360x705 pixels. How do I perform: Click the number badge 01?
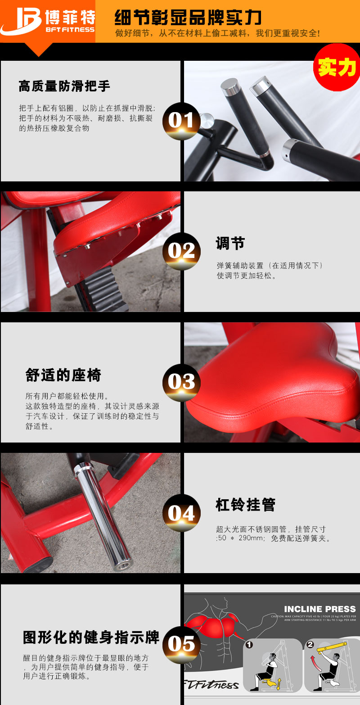coord(181,121)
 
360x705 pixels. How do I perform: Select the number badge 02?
coord(181,251)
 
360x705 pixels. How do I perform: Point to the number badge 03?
coord(181,382)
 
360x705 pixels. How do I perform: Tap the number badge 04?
coord(181,513)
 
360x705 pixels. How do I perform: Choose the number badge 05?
coord(181,644)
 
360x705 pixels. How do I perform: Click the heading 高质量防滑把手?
coord(64,86)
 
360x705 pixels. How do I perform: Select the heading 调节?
coord(230,244)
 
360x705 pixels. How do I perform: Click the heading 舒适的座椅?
coord(63,375)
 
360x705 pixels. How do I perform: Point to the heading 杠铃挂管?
coord(245,505)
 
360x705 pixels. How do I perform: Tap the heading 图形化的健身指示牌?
coord(91,637)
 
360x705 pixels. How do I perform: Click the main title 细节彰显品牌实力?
coord(188,18)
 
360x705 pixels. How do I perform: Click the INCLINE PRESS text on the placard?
coord(319,609)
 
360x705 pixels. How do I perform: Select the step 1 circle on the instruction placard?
coord(249,645)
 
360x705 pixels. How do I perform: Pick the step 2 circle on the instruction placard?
coord(310,645)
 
